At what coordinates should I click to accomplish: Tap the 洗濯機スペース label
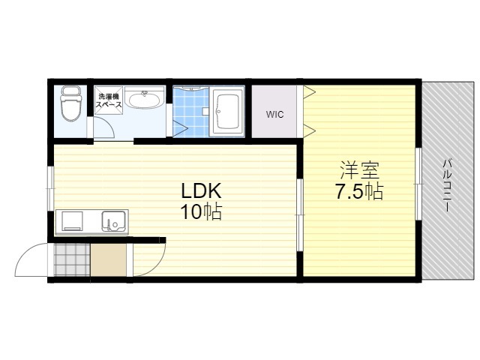coord(109,100)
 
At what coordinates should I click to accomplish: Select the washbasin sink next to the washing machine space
coord(145,97)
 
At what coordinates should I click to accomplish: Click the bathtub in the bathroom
coord(226,112)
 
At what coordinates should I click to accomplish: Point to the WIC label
coord(274,115)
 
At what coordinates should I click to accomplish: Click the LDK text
coord(201,191)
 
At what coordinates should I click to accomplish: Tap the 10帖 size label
coord(201,211)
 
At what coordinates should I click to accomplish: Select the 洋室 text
coord(360,170)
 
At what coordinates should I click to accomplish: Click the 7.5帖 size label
coord(360,191)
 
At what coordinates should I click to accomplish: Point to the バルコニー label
coord(447,185)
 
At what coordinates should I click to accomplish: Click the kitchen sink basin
coord(113,221)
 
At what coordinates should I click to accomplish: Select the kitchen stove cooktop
coord(73,220)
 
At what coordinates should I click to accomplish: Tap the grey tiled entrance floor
coord(72,260)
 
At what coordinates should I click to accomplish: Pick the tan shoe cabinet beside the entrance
coord(108,260)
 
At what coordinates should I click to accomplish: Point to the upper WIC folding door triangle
coord(309,92)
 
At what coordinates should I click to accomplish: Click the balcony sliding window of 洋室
coord(418,184)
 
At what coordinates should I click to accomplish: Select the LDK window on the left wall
coord(51,188)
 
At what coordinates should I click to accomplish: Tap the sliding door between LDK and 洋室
coord(300,215)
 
